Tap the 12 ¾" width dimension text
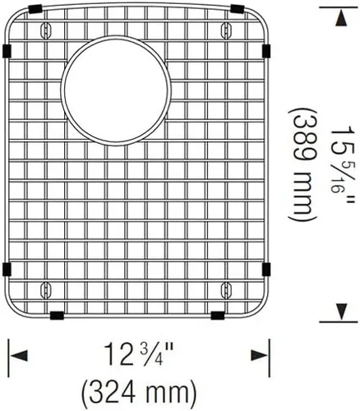(x=139, y=354)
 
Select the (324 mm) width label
(x=139, y=393)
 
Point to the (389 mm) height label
(x=302, y=164)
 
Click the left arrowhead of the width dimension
(x=19, y=355)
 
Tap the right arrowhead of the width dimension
(x=259, y=355)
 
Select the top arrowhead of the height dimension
(x=340, y=19)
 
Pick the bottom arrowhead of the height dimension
(x=339, y=312)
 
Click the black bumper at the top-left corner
(x=35, y=9)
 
